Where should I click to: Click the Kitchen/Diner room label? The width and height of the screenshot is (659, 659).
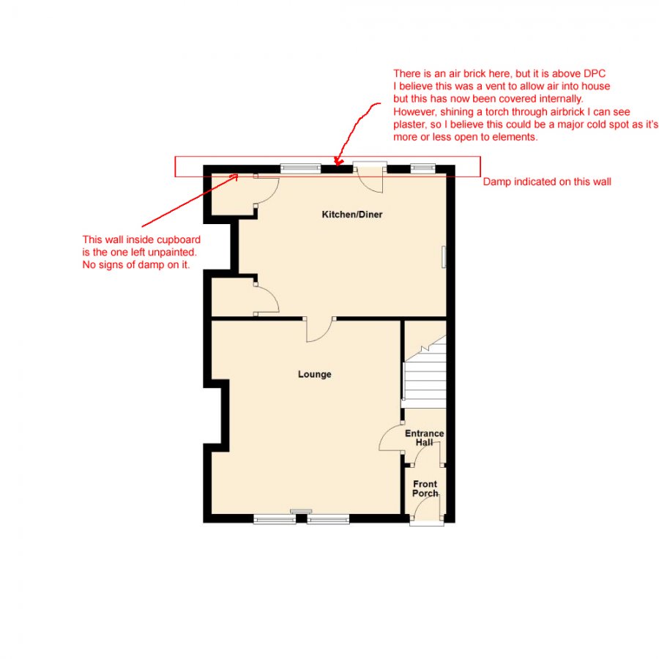pyautogui.click(x=351, y=215)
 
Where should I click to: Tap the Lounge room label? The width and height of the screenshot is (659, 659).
pyautogui.click(x=314, y=374)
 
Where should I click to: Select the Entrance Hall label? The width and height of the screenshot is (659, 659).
pyautogui.click(x=425, y=438)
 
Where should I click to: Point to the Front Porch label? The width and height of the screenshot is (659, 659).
pyautogui.click(x=425, y=488)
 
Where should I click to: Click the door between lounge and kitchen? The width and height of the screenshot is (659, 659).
pyautogui.click(x=320, y=329)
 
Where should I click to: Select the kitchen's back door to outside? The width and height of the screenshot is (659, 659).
pyautogui.click(x=371, y=179)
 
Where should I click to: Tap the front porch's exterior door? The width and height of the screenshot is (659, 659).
pyautogui.click(x=427, y=509)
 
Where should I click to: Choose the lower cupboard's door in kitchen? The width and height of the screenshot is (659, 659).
pyautogui.click(x=267, y=299)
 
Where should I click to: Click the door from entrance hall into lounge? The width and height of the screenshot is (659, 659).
pyautogui.click(x=391, y=438)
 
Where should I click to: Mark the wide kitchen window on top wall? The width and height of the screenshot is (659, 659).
pyautogui.click(x=300, y=168)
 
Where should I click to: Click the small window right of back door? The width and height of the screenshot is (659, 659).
pyautogui.click(x=422, y=168)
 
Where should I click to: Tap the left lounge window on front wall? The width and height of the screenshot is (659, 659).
pyautogui.click(x=275, y=520)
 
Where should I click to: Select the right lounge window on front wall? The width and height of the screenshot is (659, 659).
pyautogui.click(x=328, y=520)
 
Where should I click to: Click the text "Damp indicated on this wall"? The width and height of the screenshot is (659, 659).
pyautogui.click(x=547, y=182)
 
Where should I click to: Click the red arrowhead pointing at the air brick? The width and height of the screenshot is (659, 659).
pyautogui.click(x=338, y=161)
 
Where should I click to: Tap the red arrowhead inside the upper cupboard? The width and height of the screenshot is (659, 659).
pyautogui.click(x=234, y=177)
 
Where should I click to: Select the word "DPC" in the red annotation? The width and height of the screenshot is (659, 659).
pyautogui.click(x=595, y=73)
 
